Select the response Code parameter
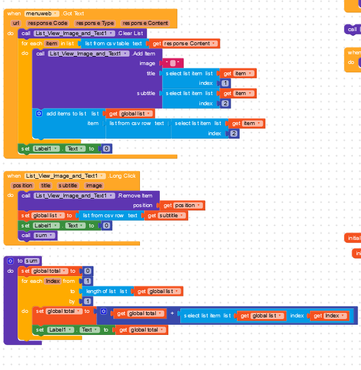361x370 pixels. pos(47,23)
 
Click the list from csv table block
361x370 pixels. pos(113,44)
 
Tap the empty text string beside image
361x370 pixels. pos(172,63)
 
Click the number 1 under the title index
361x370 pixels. pos(226,83)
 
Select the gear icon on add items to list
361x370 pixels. pos(39,113)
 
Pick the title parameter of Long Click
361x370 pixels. pos(45,186)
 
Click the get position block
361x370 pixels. pos(181,205)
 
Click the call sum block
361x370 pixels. pos(38,235)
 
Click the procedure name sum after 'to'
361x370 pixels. pos(32,261)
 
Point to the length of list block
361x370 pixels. pos(107,291)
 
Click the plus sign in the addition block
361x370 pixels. pos(172,313)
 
